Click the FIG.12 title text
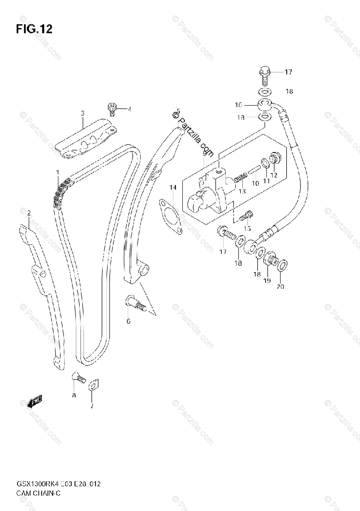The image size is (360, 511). click(x=34, y=29)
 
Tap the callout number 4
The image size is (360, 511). click(x=130, y=109)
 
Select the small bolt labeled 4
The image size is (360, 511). click(x=112, y=109)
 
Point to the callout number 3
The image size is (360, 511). click(x=83, y=113)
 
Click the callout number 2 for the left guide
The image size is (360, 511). click(x=29, y=212)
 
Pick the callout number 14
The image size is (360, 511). click(x=172, y=187)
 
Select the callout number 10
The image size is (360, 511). click(x=255, y=184)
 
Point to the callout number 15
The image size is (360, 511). click(x=247, y=229)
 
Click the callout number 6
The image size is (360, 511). click(x=128, y=321)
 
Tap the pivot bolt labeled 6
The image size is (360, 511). click(x=135, y=304)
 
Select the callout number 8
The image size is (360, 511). click(x=74, y=396)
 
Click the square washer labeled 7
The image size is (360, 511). click(x=93, y=385)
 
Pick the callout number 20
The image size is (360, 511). click(x=279, y=287)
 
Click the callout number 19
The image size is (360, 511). click(x=267, y=281)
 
